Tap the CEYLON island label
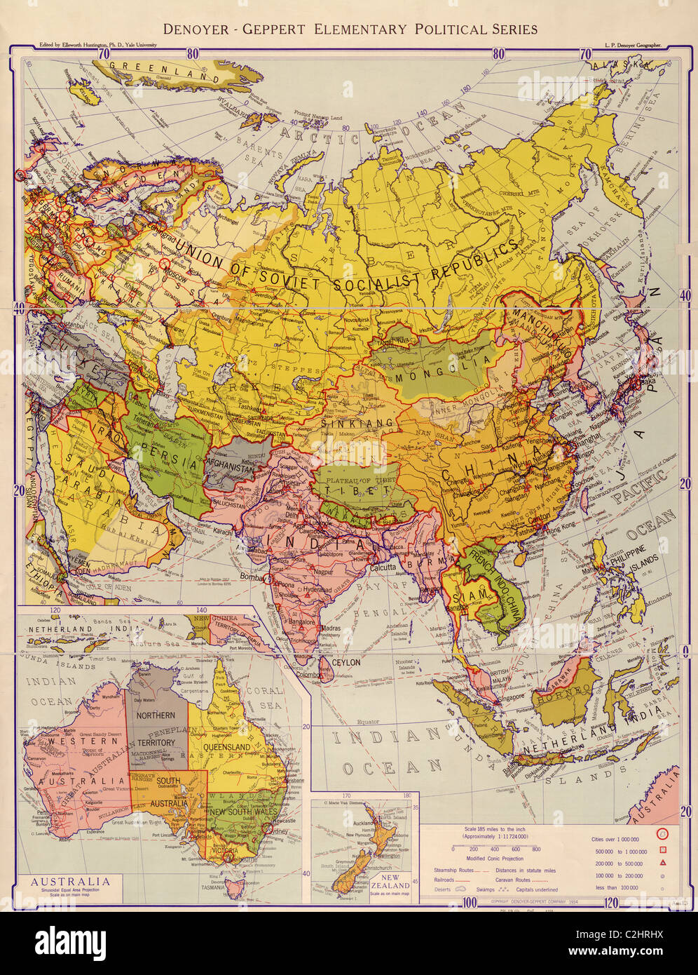click(345, 661)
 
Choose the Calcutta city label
click(378, 565)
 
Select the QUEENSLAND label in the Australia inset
click(227, 747)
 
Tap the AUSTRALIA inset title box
click(69, 885)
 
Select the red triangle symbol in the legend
click(662, 862)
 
